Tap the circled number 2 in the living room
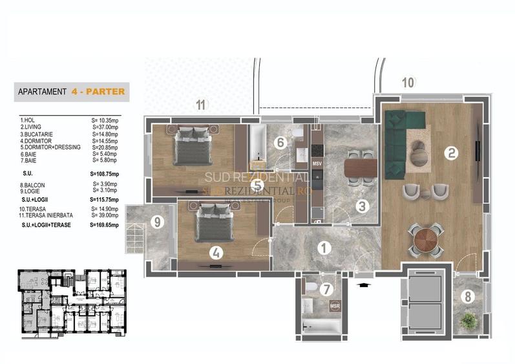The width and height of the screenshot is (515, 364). (450, 153)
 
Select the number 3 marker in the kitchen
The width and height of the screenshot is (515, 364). (363, 206)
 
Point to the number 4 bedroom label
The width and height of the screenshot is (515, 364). (216, 253)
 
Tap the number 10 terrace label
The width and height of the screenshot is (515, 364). (407, 82)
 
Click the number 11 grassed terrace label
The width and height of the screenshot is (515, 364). (202, 105)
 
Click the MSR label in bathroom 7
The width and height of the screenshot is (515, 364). (335, 306)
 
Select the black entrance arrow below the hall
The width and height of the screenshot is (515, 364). (364, 283)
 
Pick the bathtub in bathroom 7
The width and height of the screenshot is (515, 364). (321, 328)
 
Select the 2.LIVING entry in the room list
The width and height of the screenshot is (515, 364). (32, 127)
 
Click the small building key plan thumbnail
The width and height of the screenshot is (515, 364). (71, 303)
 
